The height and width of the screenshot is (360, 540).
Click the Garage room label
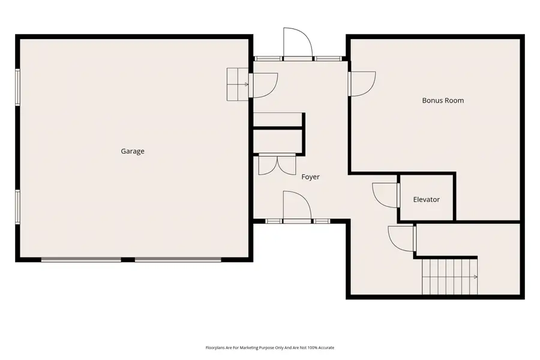[x=133, y=151]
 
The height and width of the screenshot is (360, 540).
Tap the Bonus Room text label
[x=443, y=101]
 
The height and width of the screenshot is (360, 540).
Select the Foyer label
[x=310, y=177]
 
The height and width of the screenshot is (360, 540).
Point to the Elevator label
[x=427, y=199]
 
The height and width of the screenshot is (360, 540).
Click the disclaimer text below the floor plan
[x=270, y=348]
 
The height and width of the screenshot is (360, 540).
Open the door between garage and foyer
[x=262, y=85]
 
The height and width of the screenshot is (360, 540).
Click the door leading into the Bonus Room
[x=361, y=83]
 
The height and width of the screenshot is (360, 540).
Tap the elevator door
[x=386, y=194]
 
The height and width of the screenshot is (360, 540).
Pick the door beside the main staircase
[x=402, y=238]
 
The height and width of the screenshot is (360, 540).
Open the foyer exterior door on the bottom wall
[x=296, y=207]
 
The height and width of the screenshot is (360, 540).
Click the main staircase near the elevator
[x=449, y=276]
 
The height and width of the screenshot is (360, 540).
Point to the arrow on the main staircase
[x=474, y=277]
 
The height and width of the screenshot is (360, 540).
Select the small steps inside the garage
[x=237, y=84]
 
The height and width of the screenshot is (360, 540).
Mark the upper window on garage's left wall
[x=18, y=87]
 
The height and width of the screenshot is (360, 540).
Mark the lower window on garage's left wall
[x=18, y=208]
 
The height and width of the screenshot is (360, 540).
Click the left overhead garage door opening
[x=81, y=260]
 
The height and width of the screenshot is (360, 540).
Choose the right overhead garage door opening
[x=177, y=260]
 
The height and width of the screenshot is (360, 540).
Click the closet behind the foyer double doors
[x=277, y=142]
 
